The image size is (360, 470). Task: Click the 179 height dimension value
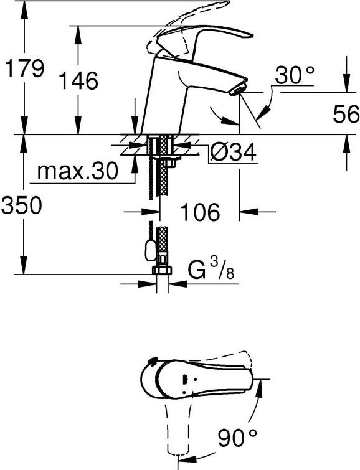click(24, 68)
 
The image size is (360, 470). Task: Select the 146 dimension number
click(78, 80)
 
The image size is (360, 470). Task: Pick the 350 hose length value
click(22, 205)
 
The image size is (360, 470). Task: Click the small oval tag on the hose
click(148, 250)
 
